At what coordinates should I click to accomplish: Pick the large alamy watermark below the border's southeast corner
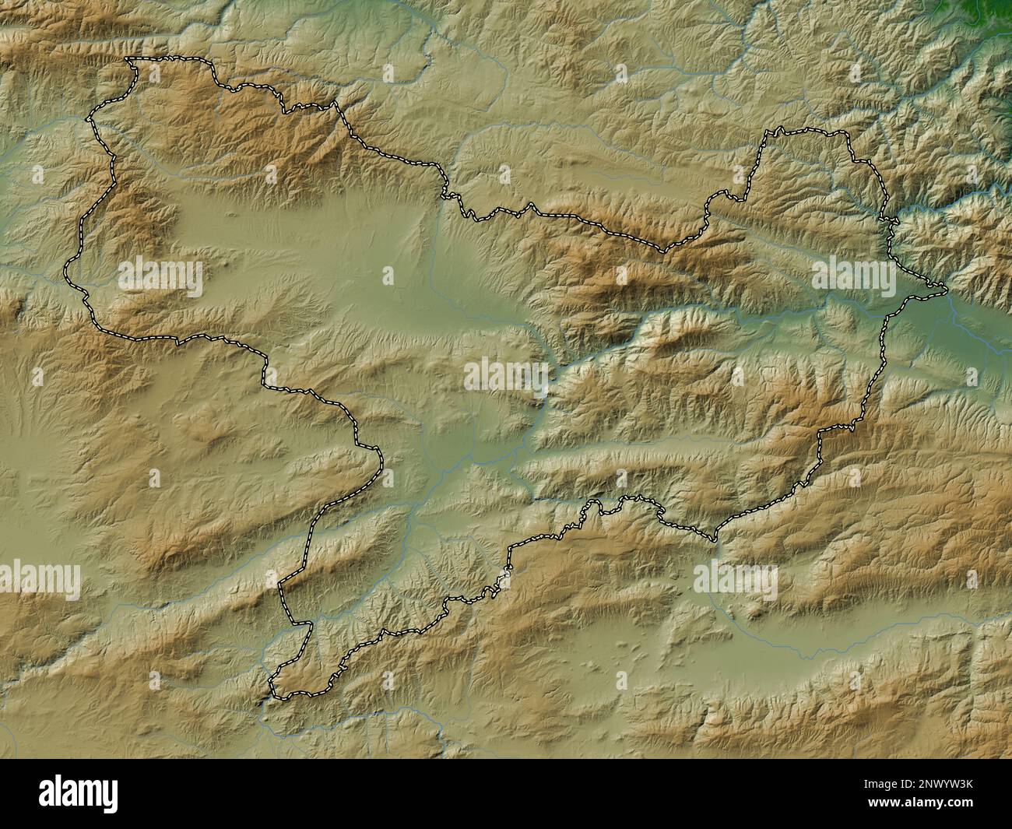coord(735,578)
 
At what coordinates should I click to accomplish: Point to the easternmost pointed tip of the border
coord(947,291)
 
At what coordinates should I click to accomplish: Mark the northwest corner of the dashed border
coord(128,59)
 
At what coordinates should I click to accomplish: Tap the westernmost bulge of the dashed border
coord(65,272)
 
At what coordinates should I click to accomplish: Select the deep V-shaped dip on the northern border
coord(663,251)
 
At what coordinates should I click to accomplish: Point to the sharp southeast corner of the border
coord(715,539)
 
